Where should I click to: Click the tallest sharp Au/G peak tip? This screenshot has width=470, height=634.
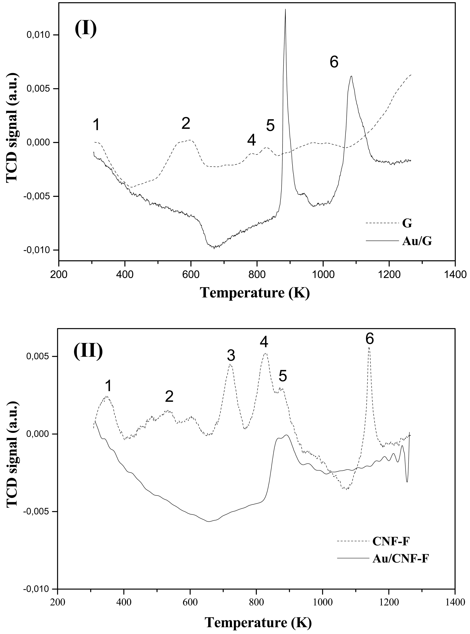(x=285, y=10)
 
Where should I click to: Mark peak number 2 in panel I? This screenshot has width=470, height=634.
(x=186, y=124)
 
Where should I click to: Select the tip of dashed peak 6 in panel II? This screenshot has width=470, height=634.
(x=369, y=347)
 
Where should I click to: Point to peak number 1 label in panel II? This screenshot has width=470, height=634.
(x=108, y=386)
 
